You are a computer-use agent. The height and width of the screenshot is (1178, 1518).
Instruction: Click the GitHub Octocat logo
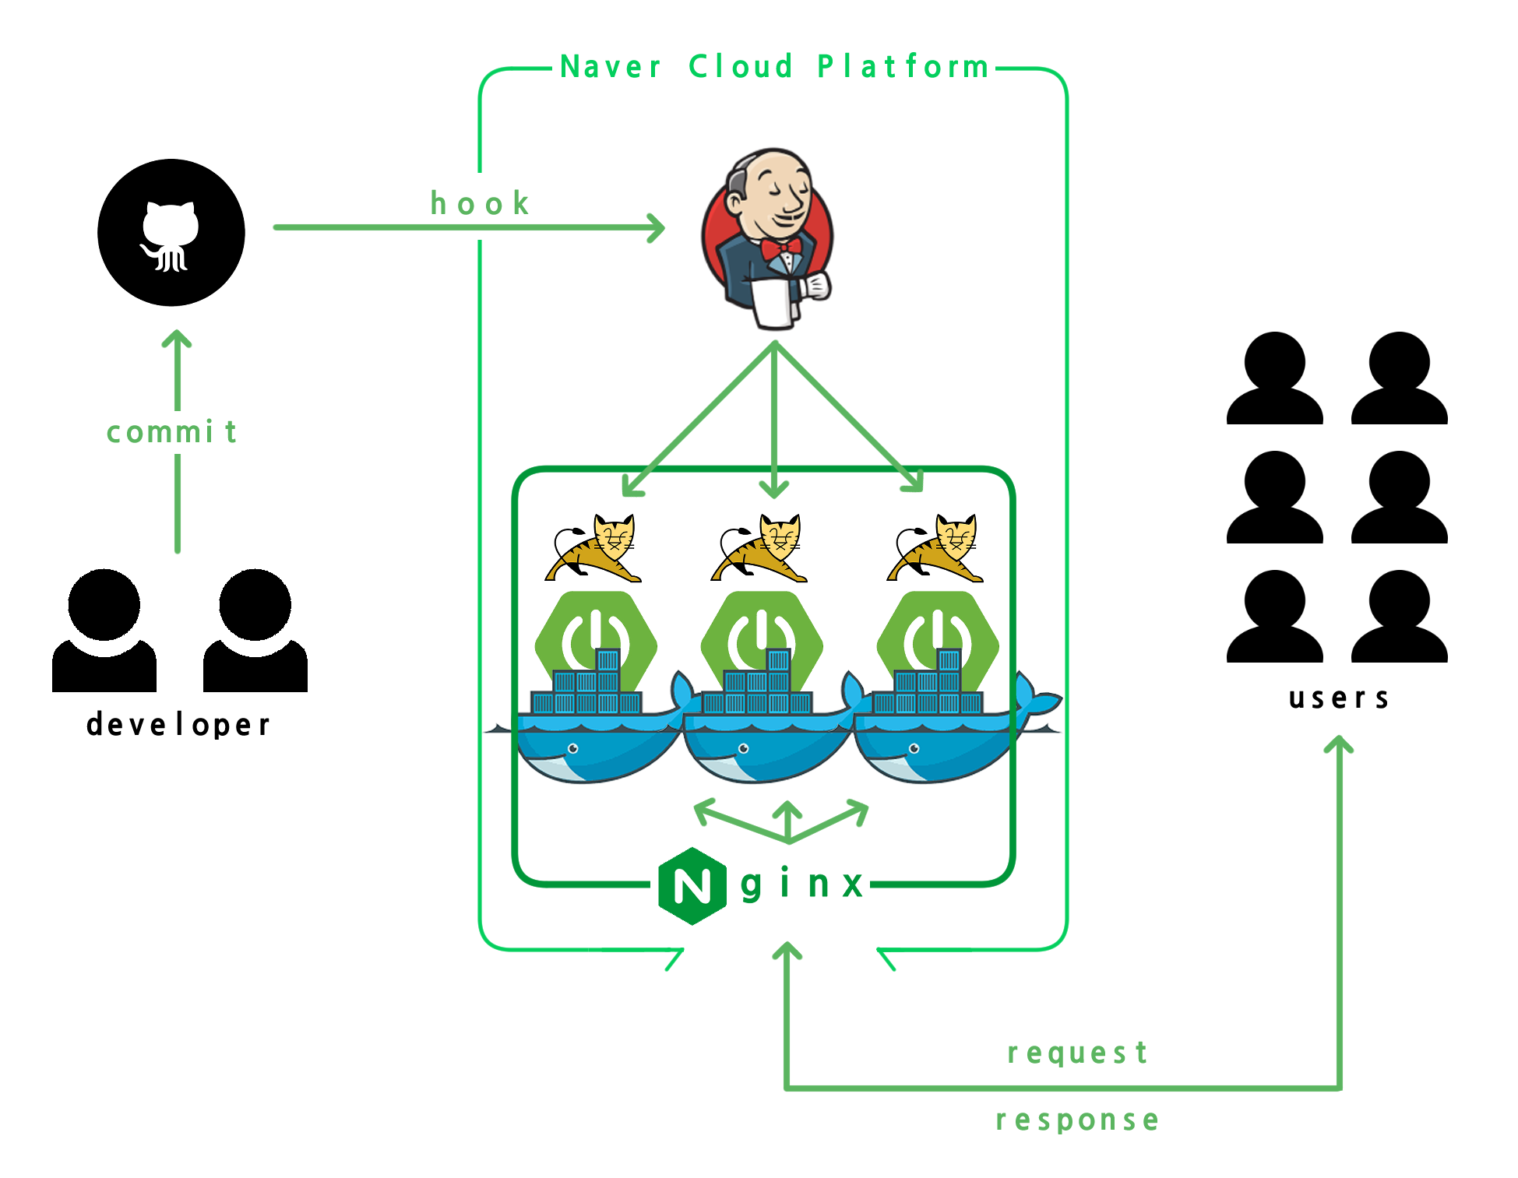(x=171, y=233)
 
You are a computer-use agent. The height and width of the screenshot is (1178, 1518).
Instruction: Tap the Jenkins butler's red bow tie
(x=781, y=248)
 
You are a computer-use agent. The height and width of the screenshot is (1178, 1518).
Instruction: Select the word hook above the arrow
(x=480, y=204)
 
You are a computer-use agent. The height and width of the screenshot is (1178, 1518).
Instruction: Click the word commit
(x=171, y=432)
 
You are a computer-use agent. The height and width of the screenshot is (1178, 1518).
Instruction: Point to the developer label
(x=178, y=725)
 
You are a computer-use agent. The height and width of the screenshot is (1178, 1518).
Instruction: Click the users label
(x=1338, y=698)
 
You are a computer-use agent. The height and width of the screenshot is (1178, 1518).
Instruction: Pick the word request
(x=1077, y=1053)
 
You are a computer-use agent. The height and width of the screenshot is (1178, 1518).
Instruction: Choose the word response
(x=1077, y=1120)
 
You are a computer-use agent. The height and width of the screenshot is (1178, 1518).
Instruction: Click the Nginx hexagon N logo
(x=692, y=886)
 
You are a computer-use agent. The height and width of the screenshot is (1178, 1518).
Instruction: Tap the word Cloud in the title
(x=741, y=67)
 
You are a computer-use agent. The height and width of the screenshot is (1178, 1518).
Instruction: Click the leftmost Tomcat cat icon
(x=594, y=548)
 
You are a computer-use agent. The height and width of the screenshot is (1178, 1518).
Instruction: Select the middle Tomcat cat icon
(x=759, y=548)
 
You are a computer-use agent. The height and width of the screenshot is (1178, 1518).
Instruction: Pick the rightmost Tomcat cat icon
(x=935, y=548)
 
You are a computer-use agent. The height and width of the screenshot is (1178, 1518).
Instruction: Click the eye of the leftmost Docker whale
(x=573, y=749)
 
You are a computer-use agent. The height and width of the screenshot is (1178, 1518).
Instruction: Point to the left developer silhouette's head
(x=104, y=604)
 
